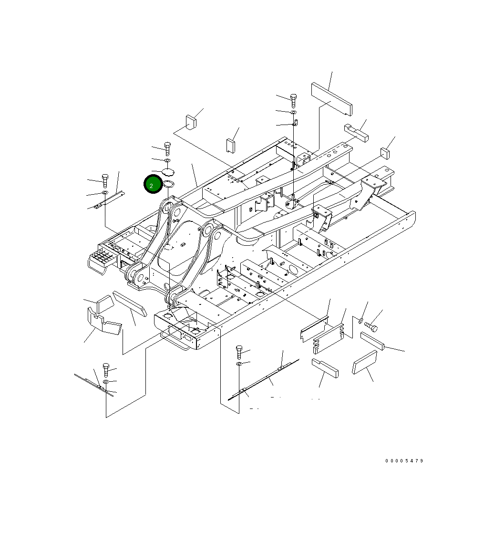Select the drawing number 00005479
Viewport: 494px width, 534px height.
404,461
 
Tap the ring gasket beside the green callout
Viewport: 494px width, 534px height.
169,184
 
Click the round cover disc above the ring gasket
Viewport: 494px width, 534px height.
168,171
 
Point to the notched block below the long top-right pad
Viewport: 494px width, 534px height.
356,132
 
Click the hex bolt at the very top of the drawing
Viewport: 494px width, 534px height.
293,100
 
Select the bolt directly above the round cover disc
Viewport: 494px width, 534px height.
167,148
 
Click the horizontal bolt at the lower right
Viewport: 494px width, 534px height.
371,328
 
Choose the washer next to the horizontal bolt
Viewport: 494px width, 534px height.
361,320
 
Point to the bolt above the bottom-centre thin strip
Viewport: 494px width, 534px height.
240,353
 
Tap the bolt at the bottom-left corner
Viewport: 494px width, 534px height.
106,370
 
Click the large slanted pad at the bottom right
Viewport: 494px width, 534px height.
365,362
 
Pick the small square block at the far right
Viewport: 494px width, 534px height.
385,153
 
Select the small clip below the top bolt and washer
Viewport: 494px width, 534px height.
295,124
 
